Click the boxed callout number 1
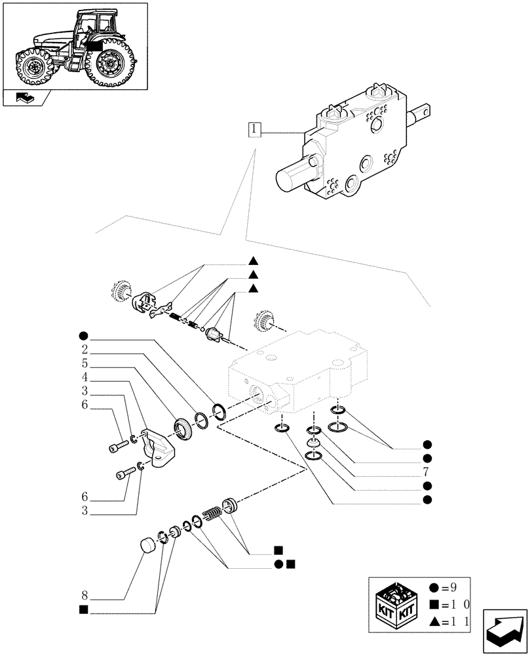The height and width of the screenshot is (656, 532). click(255, 129)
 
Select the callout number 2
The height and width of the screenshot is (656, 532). click(86, 348)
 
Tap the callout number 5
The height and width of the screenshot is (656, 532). click(86, 363)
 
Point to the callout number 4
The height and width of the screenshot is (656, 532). click(86, 379)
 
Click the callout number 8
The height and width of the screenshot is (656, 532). click(85, 596)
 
